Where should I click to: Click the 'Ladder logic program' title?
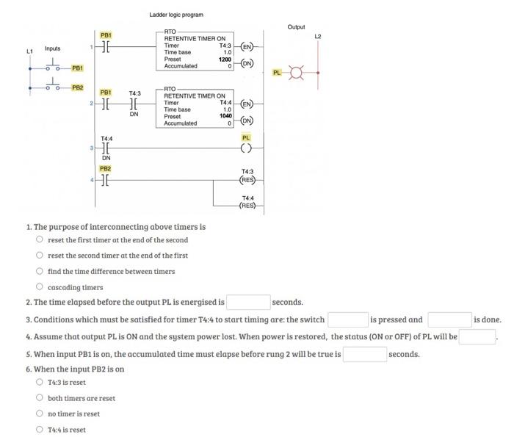pos(176,15)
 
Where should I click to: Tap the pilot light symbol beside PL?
pos(297,73)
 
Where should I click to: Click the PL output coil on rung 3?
pos(247,148)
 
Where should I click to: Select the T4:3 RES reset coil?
pos(247,179)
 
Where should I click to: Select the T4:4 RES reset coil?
pos(247,205)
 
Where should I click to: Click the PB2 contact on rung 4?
pos(106,179)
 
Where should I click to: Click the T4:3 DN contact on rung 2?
pos(134,104)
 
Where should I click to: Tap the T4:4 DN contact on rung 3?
pos(106,148)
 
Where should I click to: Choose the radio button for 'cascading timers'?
pos(40,287)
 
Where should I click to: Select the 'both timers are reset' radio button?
pos(40,398)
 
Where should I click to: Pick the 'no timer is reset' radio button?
pos(40,413)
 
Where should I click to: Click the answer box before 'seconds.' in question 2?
pos(248,302)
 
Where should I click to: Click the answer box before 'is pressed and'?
pos(347,319)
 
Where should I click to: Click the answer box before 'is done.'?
pos(449,319)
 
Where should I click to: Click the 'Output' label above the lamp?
pos(296,27)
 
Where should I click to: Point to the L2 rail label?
pos(318,36)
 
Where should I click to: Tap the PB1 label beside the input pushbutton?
pos(77,68)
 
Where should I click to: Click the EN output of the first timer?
pos(247,49)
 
